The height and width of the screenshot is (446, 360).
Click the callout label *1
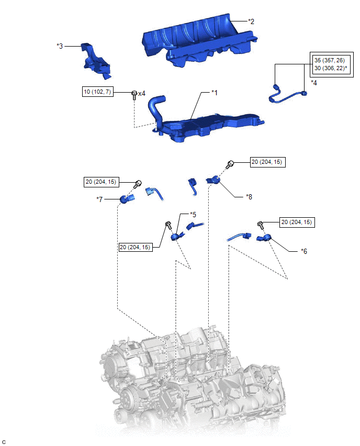point(214,92)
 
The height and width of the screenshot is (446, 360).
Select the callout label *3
point(60,46)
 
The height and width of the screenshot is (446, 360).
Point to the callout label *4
point(314,83)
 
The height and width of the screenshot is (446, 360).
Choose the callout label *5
point(193,215)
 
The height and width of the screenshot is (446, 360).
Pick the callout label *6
point(304,251)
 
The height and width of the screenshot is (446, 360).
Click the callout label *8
point(249,197)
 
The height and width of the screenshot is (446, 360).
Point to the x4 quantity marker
point(142,93)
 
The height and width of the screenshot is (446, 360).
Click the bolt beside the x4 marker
point(134,94)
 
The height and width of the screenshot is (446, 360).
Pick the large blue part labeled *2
point(199,39)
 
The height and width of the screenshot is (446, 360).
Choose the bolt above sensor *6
point(260,225)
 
